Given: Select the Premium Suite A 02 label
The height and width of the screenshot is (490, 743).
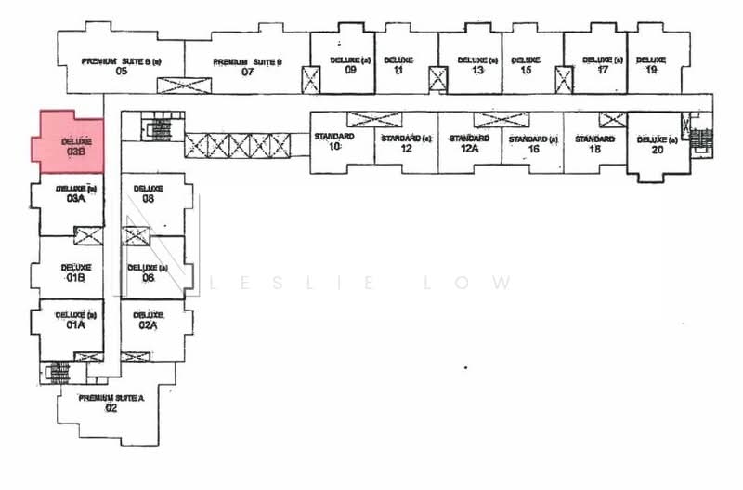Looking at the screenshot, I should click(111, 403).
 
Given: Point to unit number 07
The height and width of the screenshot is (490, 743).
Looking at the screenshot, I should click(248, 72).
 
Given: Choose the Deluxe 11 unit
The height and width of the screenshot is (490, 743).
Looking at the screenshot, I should click(398, 65).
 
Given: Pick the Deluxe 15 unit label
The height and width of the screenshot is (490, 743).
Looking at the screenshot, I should click(526, 65).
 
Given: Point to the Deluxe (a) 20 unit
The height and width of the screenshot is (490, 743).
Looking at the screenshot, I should click(657, 144).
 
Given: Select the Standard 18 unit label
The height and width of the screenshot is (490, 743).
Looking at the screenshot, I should click(594, 144).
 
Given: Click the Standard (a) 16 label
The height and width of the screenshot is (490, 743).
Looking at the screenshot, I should click(533, 144).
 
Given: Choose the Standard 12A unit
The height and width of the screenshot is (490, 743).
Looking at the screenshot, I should click(469, 143).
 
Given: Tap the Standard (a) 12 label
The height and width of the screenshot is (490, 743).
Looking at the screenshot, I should click(406, 144).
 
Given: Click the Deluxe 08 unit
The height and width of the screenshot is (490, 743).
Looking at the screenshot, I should click(148, 193).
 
